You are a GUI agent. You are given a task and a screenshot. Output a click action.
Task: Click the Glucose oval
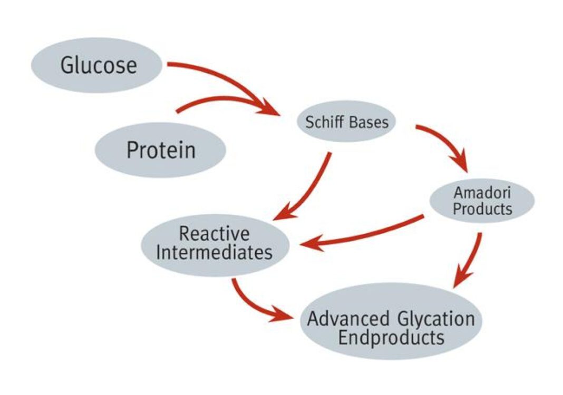point(98,65)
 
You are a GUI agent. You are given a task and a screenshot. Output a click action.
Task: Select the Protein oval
point(160,150)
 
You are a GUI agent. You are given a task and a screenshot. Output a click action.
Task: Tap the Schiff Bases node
point(346,122)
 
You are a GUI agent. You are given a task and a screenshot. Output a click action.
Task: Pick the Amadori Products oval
point(482,200)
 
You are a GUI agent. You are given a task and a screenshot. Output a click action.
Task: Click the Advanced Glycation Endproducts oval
point(391,321)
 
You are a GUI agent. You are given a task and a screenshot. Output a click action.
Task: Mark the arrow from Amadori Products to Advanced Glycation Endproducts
point(471,258)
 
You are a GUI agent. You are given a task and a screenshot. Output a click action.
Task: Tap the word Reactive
point(214,233)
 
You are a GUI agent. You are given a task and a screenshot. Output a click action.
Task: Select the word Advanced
point(348,319)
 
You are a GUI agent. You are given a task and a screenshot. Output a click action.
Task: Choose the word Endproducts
point(391,337)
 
